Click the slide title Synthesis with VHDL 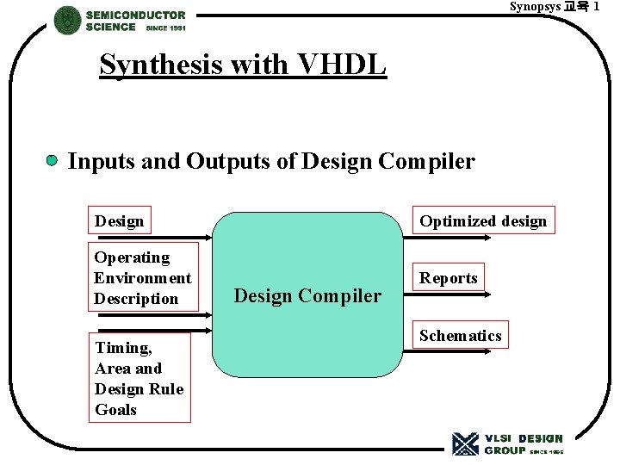243,65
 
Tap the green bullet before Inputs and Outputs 53,160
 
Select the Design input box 120,220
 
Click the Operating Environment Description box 143,277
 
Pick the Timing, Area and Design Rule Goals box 139,378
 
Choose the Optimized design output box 482,220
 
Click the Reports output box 448,277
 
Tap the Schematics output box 460,335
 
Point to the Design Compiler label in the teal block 307,295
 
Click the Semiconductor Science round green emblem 67,20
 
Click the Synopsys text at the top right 535,7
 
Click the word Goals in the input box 115,410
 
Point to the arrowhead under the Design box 207,238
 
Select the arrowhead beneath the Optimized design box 489,238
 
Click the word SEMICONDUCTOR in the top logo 135,15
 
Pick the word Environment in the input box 143,278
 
